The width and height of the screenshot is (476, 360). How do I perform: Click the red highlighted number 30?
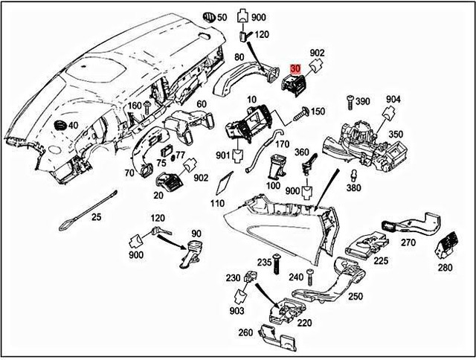[x=296, y=68]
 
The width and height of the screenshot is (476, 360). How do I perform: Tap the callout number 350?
[x=395, y=135]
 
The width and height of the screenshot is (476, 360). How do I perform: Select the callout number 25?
[x=96, y=217]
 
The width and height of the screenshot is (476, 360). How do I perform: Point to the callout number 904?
[x=393, y=99]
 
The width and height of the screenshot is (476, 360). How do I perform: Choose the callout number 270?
[x=408, y=242]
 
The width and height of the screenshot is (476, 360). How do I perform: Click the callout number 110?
[x=217, y=203]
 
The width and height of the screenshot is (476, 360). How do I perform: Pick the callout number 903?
[x=237, y=309]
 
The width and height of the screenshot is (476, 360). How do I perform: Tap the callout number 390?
[x=362, y=101]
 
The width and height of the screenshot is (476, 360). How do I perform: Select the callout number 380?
[x=354, y=187]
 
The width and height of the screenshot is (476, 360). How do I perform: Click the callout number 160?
[x=133, y=105]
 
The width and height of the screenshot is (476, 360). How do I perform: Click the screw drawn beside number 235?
[x=276, y=262]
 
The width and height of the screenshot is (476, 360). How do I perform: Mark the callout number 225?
[x=381, y=260]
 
